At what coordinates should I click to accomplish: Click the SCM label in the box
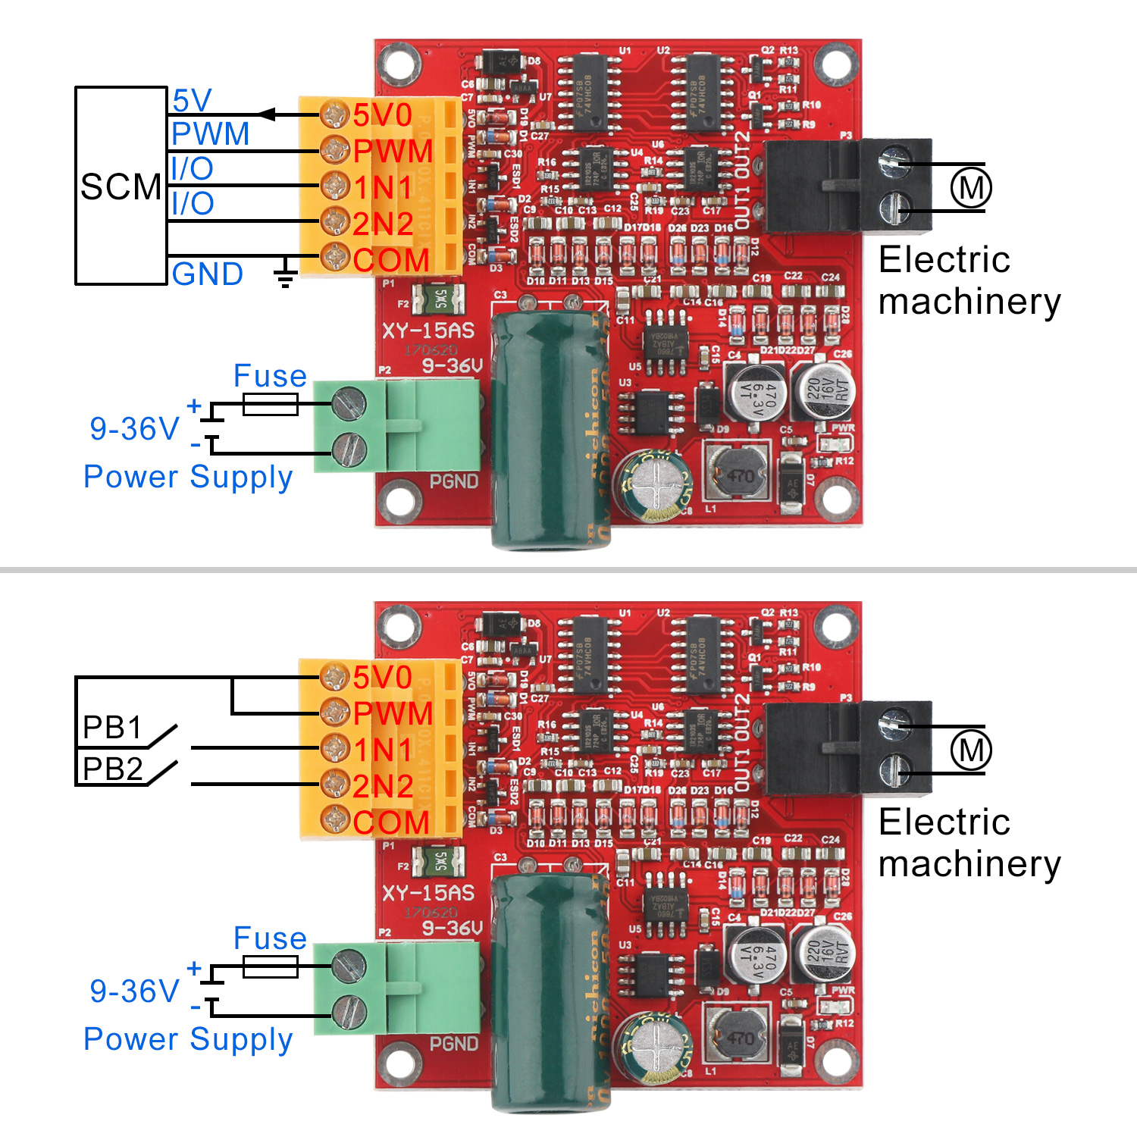click(x=121, y=186)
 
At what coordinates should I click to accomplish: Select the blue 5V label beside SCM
click(x=192, y=101)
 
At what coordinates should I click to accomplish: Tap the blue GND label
click(x=207, y=274)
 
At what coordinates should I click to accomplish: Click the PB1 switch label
click(x=112, y=728)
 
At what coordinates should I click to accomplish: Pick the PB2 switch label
click(x=112, y=769)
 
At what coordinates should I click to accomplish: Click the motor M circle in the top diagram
click(x=971, y=187)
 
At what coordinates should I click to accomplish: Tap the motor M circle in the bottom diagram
click(x=971, y=750)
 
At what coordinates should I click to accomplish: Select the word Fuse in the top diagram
click(x=270, y=376)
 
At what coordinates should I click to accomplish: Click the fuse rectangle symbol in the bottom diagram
click(x=270, y=966)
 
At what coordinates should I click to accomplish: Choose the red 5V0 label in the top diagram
click(x=382, y=115)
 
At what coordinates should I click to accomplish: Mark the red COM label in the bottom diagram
click(x=391, y=822)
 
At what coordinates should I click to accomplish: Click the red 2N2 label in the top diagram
click(x=383, y=224)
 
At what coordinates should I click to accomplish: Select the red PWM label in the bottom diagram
click(x=393, y=713)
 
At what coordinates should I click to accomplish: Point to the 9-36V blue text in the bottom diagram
click(x=134, y=991)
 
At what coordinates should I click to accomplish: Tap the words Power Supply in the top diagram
click(x=188, y=477)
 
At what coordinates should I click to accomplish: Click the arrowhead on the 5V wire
click(x=266, y=114)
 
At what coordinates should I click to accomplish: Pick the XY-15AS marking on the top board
click(x=428, y=330)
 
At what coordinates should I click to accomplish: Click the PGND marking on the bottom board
click(x=454, y=1044)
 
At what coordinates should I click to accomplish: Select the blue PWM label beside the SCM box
click(x=210, y=134)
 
